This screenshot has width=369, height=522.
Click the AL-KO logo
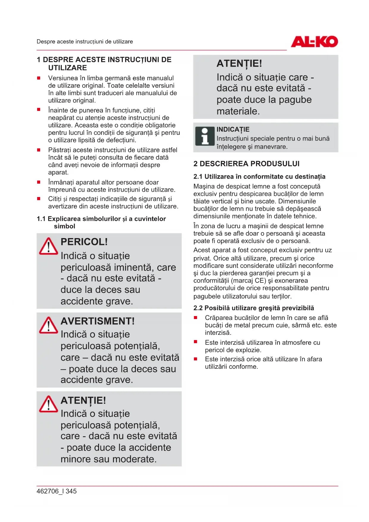click(x=314, y=42)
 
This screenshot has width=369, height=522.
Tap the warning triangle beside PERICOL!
click(x=48, y=246)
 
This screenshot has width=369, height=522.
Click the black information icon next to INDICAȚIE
click(x=205, y=136)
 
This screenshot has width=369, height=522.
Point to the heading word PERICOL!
click(x=84, y=242)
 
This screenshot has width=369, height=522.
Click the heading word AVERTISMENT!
click(x=98, y=321)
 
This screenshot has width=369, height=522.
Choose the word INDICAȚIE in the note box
click(x=233, y=129)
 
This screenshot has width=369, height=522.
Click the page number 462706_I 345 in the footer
click(x=56, y=491)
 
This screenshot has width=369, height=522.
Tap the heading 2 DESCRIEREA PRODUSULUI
click(x=246, y=164)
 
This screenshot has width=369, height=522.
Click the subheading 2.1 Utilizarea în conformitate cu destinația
click(x=259, y=176)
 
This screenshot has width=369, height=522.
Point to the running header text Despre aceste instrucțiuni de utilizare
click(x=85, y=42)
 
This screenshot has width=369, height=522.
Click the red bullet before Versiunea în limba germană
click(x=39, y=78)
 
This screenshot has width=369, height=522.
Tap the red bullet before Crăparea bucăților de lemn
click(x=195, y=318)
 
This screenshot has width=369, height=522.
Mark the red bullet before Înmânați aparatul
click(x=39, y=182)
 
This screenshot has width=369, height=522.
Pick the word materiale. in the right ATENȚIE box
click(x=238, y=111)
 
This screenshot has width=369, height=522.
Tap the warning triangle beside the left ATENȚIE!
click(x=48, y=404)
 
